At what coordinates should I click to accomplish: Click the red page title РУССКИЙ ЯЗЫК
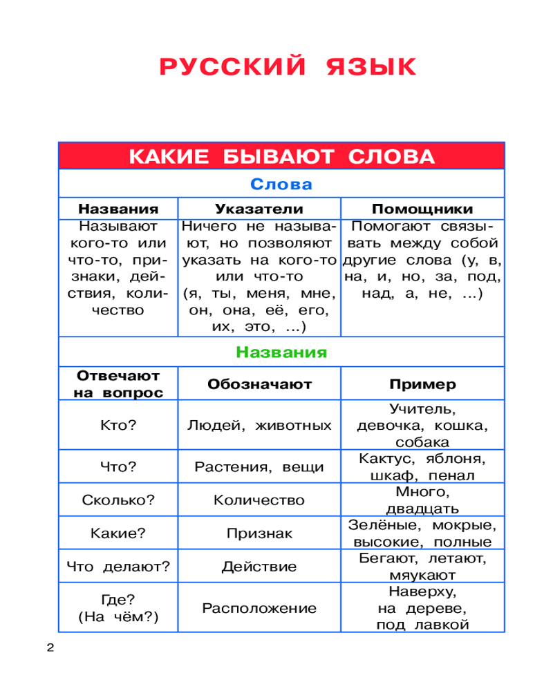(x=288, y=68)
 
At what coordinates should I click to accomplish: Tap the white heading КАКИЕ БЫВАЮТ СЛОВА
(x=281, y=156)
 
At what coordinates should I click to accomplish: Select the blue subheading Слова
(x=281, y=185)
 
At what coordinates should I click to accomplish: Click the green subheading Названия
(x=281, y=352)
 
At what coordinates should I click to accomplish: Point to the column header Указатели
(x=259, y=209)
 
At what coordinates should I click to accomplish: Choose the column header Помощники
(x=422, y=209)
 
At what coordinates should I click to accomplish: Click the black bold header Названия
(x=118, y=209)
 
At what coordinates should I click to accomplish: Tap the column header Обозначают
(x=259, y=384)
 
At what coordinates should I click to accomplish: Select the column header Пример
(x=422, y=384)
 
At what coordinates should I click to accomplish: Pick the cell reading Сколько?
(x=118, y=500)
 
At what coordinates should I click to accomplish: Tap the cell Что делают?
(x=118, y=567)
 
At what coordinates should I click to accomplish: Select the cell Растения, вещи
(x=259, y=467)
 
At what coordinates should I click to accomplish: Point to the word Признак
(x=259, y=533)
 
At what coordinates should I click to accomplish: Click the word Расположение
(x=259, y=608)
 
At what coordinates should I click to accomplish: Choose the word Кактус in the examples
(x=382, y=459)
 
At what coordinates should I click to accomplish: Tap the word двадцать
(x=422, y=509)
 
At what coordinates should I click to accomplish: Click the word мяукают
(x=422, y=575)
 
